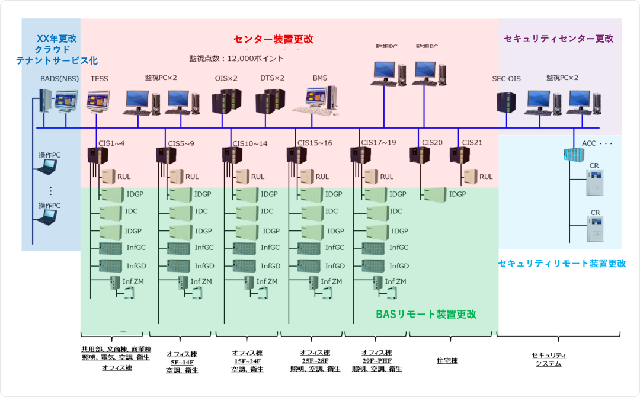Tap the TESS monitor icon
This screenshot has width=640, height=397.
tap(98, 101)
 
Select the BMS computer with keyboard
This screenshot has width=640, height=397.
tap(322, 100)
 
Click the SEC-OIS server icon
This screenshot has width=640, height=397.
tap(506, 101)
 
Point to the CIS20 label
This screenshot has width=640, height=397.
tap(432, 143)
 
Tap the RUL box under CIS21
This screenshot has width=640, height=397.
tap(471, 176)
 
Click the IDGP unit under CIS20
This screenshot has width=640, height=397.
tap(434, 194)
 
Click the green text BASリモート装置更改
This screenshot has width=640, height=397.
tap(426, 314)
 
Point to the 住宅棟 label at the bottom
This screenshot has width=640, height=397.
tap(447, 360)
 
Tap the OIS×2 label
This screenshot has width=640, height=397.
tap(226, 78)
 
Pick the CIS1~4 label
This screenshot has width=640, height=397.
tap(111, 143)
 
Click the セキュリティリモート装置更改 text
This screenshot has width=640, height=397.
tap(562, 264)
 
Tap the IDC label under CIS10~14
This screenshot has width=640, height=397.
tap(267, 211)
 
